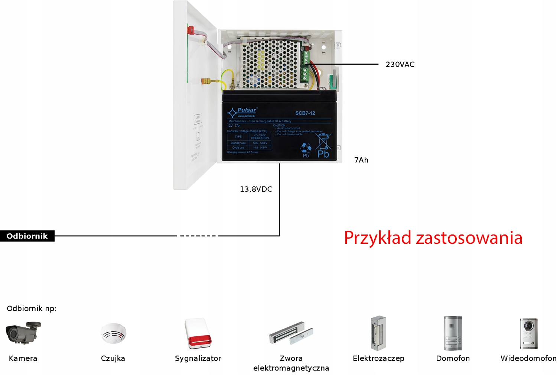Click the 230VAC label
(x=400, y=64)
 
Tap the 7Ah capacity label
(x=361, y=160)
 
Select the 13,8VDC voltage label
(x=256, y=189)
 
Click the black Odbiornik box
(x=27, y=236)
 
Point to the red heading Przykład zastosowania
(x=433, y=238)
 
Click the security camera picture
(x=23, y=333)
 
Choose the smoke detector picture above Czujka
(x=113, y=333)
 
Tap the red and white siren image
(x=198, y=333)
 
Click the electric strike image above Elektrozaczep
(x=378, y=333)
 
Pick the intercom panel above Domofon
(x=453, y=333)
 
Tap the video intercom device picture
(x=528, y=333)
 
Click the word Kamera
(x=23, y=359)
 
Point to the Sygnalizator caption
(x=198, y=359)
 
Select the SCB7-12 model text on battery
(x=305, y=113)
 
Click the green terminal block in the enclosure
(x=305, y=67)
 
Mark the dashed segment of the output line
(x=198, y=236)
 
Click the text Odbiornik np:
(x=32, y=308)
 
